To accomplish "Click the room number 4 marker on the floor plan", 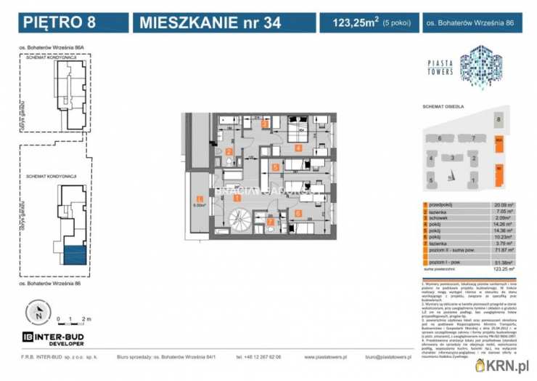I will [298, 148].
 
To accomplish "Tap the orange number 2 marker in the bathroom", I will [229, 153].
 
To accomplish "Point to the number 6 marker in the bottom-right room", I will [298, 214].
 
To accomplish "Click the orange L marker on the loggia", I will [199, 199].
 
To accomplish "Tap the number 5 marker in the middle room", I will [275, 167].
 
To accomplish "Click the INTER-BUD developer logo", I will [54, 338].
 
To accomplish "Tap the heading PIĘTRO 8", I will [53, 23].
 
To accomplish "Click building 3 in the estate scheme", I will [452, 158].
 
